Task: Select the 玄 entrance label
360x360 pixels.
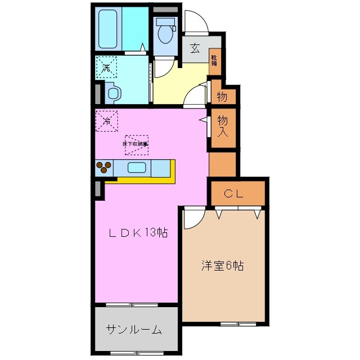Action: pos(194,48)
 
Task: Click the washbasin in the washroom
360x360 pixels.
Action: pos(112,92)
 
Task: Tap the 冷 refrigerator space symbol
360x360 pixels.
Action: pos(106,120)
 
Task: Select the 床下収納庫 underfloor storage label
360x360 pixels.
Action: pos(136,144)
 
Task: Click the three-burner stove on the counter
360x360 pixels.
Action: pos(103,168)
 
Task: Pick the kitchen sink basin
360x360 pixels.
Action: pos(137,168)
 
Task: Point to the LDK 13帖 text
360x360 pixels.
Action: pos(139,232)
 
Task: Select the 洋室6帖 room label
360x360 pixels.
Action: pos(223,266)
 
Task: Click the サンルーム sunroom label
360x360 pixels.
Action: pos(134,330)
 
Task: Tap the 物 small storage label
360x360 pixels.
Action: pos(222,96)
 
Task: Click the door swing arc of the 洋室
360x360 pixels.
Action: pos(192,218)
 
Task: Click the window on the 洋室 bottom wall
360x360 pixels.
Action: pos(237,323)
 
